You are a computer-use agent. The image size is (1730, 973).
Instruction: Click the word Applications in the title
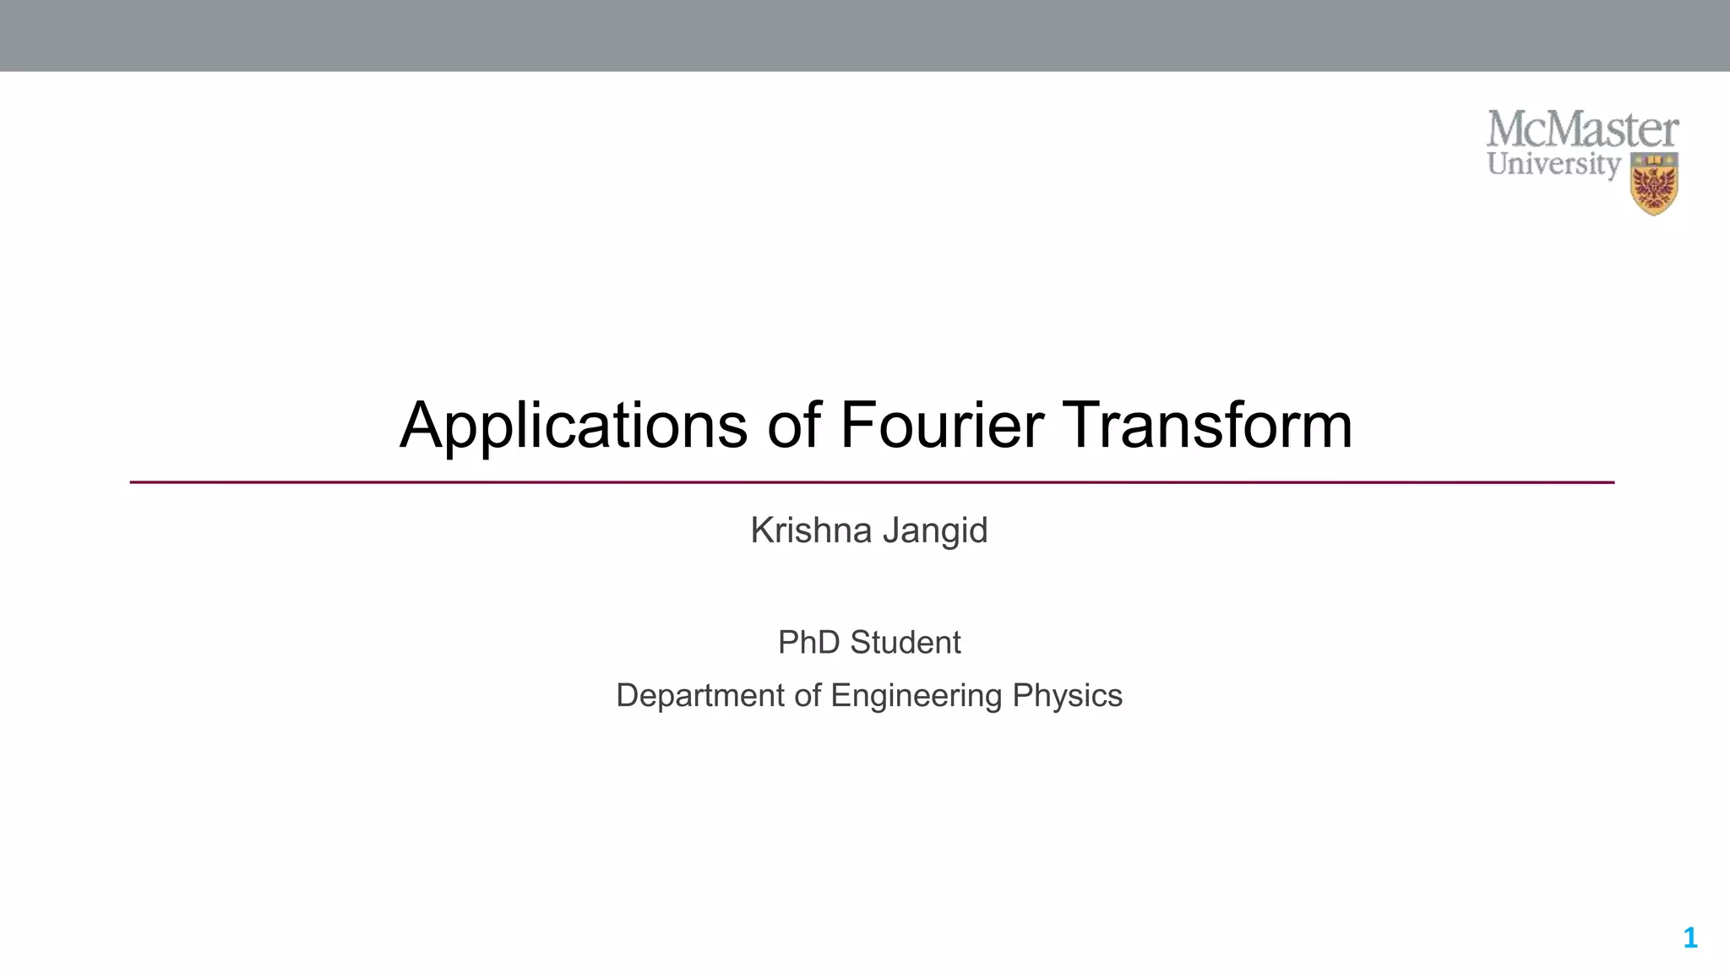point(574,426)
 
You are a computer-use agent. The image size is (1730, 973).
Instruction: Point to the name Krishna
point(811,530)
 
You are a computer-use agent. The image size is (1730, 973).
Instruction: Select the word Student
point(905,643)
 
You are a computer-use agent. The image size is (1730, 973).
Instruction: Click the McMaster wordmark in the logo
point(1582,130)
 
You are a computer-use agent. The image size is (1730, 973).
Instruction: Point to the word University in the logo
point(1553,164)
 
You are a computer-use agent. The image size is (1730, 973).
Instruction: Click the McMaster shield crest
point(1654,184)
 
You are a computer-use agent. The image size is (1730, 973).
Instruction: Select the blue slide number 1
point(1689,938)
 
